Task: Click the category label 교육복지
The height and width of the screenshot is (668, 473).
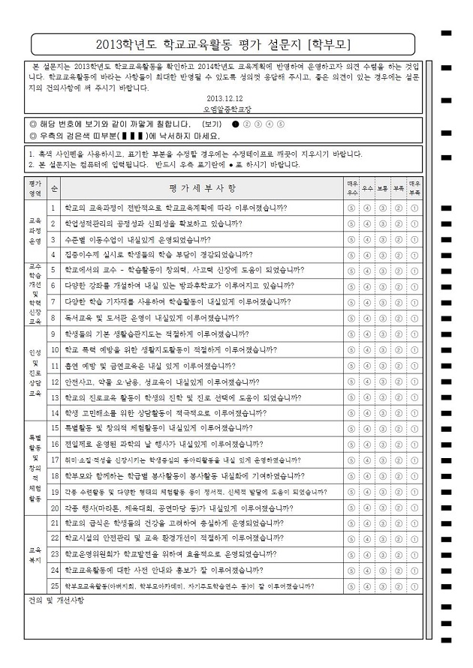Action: point(35,554)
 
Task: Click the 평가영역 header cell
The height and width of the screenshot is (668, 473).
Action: point(35,187)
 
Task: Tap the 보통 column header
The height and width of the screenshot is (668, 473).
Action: point(383,187)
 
